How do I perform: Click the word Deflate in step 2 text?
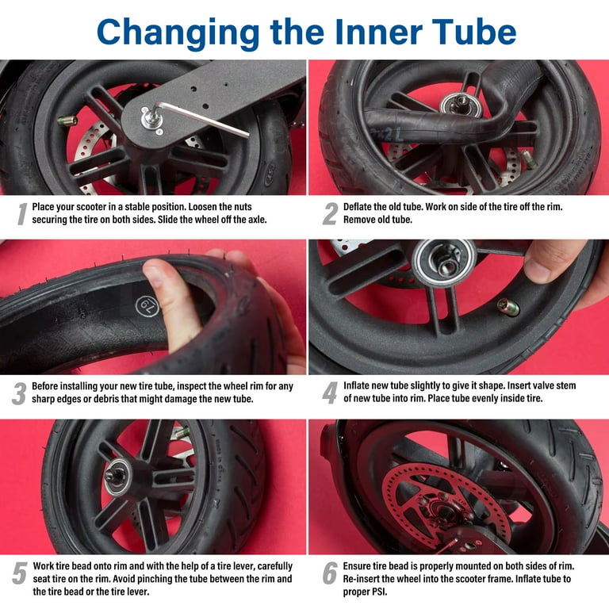362,206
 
